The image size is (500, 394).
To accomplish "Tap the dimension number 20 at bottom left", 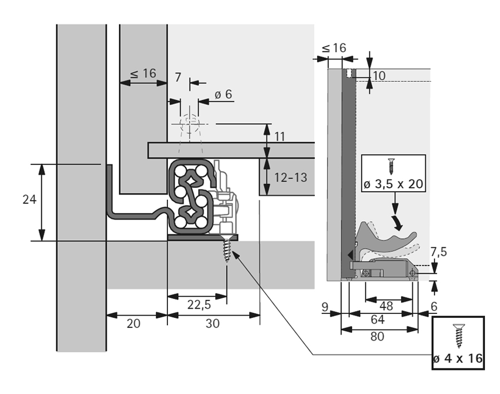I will [133, 323].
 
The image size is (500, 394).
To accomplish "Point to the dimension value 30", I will [212, 323].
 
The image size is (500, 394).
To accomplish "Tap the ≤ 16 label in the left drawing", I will [143, 73].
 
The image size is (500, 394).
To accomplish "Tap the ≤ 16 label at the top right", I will [333, 48].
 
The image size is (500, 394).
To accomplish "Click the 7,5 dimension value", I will [438, 252].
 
